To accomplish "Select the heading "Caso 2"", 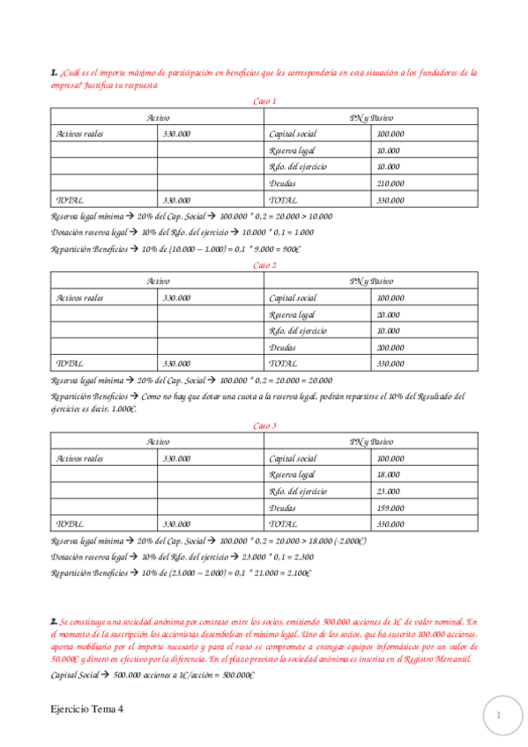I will pyautogui.click(x=264, y=264).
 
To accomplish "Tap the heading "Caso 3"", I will pyautogui.click(x=264, y=425).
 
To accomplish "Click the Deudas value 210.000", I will pyautogui.click(x=390, y=183).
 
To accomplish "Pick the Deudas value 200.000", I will pyautogui.click(x=390, y=347).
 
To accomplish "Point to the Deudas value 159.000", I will pyautogui.click(x=390, y=508).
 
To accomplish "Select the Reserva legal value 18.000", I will pyautogui.click(x=388, y=475).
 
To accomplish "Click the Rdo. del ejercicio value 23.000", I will pyautogui.click(x=388, y=492).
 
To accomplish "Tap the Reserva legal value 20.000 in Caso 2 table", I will pyautogui.click(x=388, y=314).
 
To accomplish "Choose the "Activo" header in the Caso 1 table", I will pyautogui.click(x=159, y=117).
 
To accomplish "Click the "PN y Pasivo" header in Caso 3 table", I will pyautogui.click(x=371, y=442).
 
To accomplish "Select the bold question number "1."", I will pyautogui.click(x=54, y=73).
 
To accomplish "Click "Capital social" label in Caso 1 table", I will pyautogui.click(x=294, y=134).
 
